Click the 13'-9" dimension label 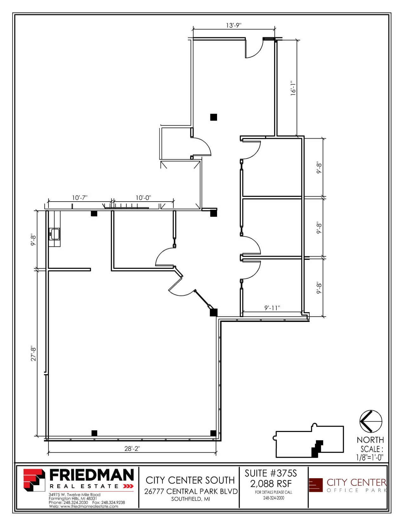[x=234, y=25]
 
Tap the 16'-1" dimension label [x=293, y=88]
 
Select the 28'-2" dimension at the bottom [x=132, y=448]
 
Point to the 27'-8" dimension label [x=33, y=354]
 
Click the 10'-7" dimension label [x=80, y=198]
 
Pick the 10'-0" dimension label [x=143, y=198]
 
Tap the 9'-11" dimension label [x=272, y=308]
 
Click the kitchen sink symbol [x=55, y=234]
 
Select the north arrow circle [x=371, y=421]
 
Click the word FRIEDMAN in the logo [x=92, y=475]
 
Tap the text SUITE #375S [x=271, y=473]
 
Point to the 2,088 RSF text [x=271, y=484]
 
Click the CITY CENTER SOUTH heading [x=190, y=480]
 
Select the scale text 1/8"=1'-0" [x=369, y=457]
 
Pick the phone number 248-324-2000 [x=274, y=498]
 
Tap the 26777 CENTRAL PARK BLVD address [x=191, y=491]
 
